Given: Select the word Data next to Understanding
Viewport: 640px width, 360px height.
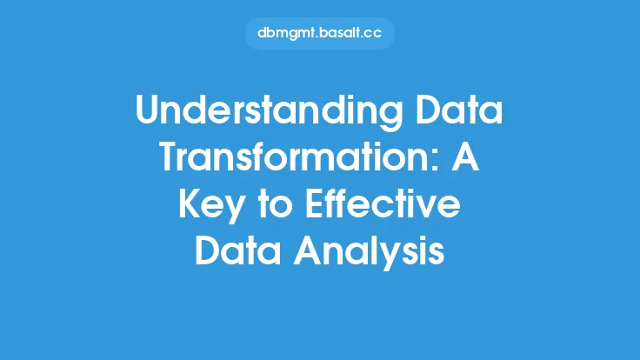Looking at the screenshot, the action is click(459, 109).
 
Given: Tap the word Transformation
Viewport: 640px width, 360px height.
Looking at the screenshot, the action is click(295, 156).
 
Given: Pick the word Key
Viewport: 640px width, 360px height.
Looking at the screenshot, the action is click(212, 206).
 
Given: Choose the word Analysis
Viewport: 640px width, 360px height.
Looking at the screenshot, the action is click(369, 252).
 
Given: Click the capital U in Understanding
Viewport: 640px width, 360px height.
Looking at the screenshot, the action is click(149, 109).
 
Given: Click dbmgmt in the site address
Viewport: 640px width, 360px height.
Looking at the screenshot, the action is click(286, 33).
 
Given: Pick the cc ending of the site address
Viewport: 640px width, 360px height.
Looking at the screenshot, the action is click(373, 34).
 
